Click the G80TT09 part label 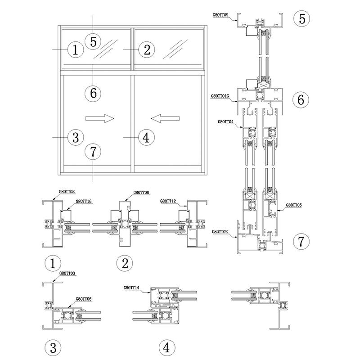coord(221,14)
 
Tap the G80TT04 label coord(225,121)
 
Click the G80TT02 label coord(220,231)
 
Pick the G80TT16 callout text coord(83,202)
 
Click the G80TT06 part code coord(84,298)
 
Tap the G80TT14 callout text coord(131,287)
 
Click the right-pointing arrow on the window coord(99,118)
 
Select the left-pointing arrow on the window coord(166,118)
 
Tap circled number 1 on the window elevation coord(76,49)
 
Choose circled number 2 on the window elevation coord(147,49)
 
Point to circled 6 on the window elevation coord(93,93)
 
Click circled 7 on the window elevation coord(93,152)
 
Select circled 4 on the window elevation coord(145,137)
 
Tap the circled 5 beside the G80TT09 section coord(302,18)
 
